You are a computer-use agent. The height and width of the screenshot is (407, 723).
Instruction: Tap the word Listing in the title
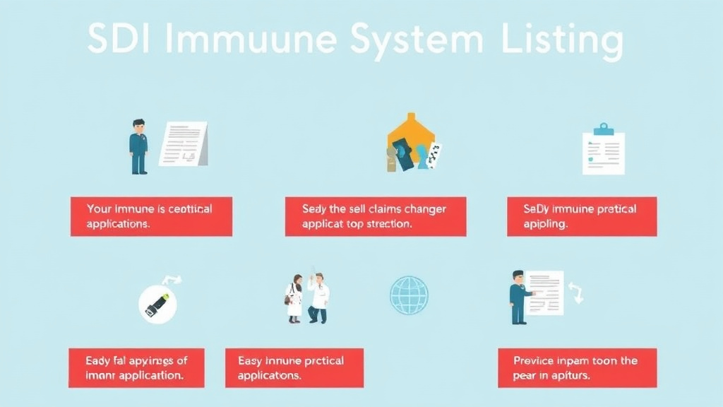click(x=562, y=41)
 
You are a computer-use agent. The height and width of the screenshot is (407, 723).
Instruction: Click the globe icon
click(x=409, y=295)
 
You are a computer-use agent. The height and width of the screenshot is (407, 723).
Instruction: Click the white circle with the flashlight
click(x=158, y=304)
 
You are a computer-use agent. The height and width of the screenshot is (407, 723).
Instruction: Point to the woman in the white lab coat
click(x=294, y=299)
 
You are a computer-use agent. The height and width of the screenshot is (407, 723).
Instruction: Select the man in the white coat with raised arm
click(x=318, y=297)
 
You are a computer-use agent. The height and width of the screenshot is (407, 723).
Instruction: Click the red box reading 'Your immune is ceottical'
click(x=151, y=216)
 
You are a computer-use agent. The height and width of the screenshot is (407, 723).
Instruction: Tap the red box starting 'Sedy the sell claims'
click(x=376, y=216)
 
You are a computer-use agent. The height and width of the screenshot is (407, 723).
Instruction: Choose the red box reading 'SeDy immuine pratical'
click(x=582, y=216)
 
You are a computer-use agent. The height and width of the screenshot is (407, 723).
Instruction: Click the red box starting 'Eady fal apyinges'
click(x=137, y=367)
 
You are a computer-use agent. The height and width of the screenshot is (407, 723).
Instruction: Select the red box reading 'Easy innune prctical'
click(x=294, y=367)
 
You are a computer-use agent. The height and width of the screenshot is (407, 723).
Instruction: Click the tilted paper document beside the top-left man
click(x=184, y=143)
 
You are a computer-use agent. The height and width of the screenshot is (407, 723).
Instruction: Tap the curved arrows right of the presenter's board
click(x=576, y=293)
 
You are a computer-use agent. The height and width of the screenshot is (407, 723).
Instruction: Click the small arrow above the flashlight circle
click(x=171, y=280)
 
